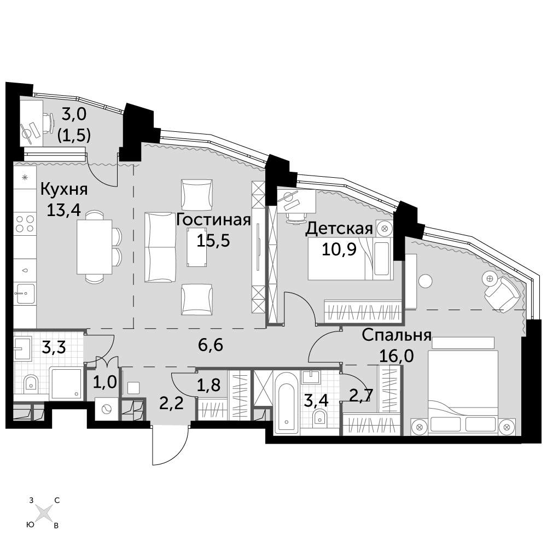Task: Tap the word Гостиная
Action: click(x=213, y=220)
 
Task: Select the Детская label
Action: click(x=339, y=229)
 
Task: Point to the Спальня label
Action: click(x=397, y=336)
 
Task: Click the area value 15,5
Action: click(x=213, y=241)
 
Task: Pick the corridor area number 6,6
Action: click(x=211, y=345)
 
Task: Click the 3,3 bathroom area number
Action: click(x=54, y=347)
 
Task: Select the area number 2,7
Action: click(x=362, y=395)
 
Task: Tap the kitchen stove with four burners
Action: click(x=25, y=224)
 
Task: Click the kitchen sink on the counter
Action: click(x=25, y=294)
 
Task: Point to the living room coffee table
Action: click(x=197, y=247)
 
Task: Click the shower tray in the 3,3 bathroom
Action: click(x=66, y=383)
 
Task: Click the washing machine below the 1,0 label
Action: click(x=107, y=409)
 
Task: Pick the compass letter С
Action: click(x=57, y=501)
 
